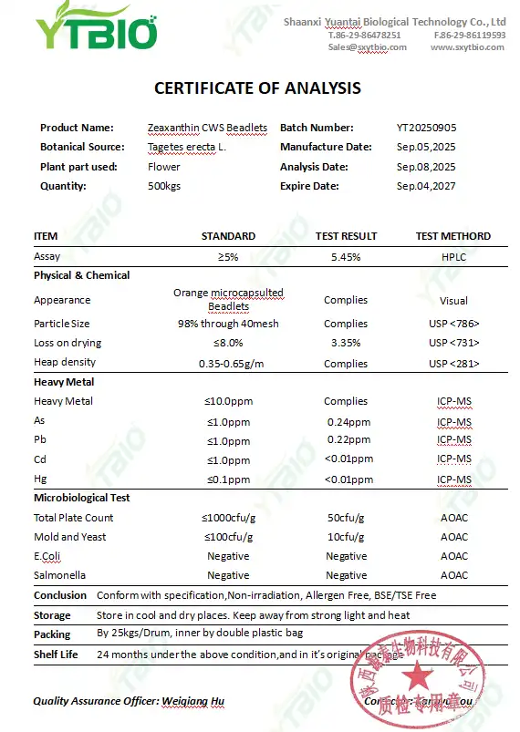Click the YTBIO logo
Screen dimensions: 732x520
click(96, 30)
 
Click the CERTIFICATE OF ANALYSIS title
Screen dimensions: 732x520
click(257, 88)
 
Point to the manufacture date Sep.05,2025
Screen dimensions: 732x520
click(425, 148)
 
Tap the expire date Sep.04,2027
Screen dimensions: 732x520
click(425, 186)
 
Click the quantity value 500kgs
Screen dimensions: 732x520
click(164, 186)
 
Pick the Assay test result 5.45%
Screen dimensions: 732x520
click(346, 257)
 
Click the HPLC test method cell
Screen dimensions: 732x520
click(453, 257)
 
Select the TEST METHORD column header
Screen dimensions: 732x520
click(452, 236)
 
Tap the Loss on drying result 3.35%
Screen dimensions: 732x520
click(346, 343)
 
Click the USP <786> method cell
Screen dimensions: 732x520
click(453, 324)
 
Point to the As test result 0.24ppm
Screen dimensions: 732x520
click(346, 422)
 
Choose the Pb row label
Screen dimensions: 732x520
click(40, 440)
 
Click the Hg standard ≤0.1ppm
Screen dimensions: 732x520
click(227, 479)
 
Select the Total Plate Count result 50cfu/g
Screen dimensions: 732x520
click(346, 518)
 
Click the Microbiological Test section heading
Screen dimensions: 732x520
click(82, 498)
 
